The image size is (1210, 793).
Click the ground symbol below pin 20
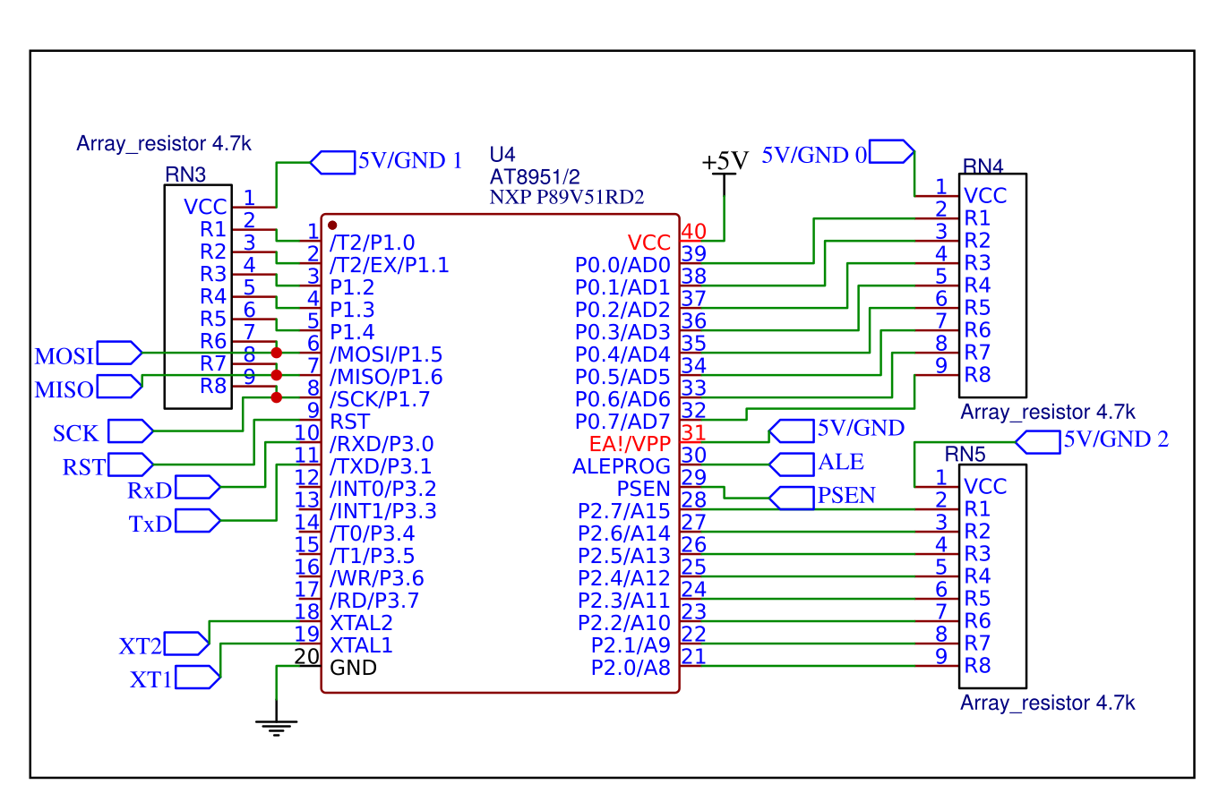pyautogui.click(x=278, y=727)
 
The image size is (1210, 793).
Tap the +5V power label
pyautogui.click(x=725, y=161)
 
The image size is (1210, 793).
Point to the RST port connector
pyautogui.click(x=130, y=465)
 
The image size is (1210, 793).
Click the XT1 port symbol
pyautogui.click(x=197, y=677)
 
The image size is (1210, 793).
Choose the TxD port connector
pyautogui.click(x=197, y=521)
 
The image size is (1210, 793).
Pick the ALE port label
pyautogui.click(x=840, y=463)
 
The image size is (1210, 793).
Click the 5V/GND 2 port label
pyautogui.click(x=1114, y=440)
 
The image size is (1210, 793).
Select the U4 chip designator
pyautogui.click(x=502, y=153)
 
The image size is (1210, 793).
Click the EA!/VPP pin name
pyautogui.click(x=630, y=444)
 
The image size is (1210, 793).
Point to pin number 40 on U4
pyautogui.click(x=693, y=232)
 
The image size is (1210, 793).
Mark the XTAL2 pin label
pyautogui.click(x=361, y=623)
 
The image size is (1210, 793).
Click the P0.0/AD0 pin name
pyautogui.click(x=622, y=265)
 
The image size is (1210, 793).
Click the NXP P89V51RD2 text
pyautogui.click(x=567, y=197)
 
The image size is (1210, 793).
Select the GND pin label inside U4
pyautogui.click(x=353, y=668)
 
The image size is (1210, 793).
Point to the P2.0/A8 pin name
pyautogui.click(x=631, y=668)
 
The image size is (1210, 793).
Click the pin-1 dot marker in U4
pyautogui.click(x=332, y=225)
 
